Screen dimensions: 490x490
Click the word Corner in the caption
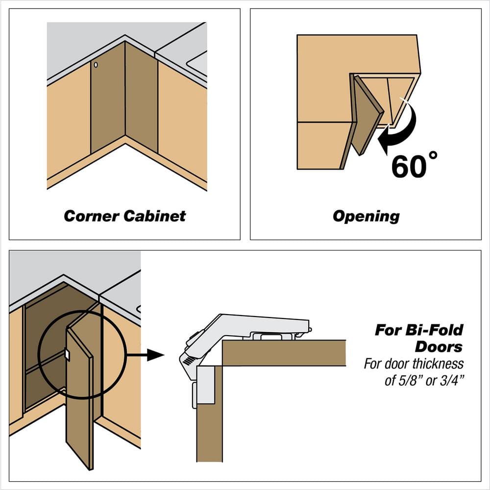(91, 216)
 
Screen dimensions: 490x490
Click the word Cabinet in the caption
(155, 216)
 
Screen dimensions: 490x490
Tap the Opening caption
(366, 217)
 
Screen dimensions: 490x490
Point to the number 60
(409, 167)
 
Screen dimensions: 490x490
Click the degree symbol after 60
(433, 155)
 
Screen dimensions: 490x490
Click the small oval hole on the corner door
(96, 65)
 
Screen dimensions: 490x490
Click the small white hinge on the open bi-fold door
(67, 354)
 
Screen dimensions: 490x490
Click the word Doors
(439, 347)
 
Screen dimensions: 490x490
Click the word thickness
(438, 364)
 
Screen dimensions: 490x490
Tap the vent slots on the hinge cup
(188, 361)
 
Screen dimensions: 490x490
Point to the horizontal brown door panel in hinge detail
(284, 353)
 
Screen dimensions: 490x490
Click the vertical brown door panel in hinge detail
(210, 414)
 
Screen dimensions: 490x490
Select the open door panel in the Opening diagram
(367, 116)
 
